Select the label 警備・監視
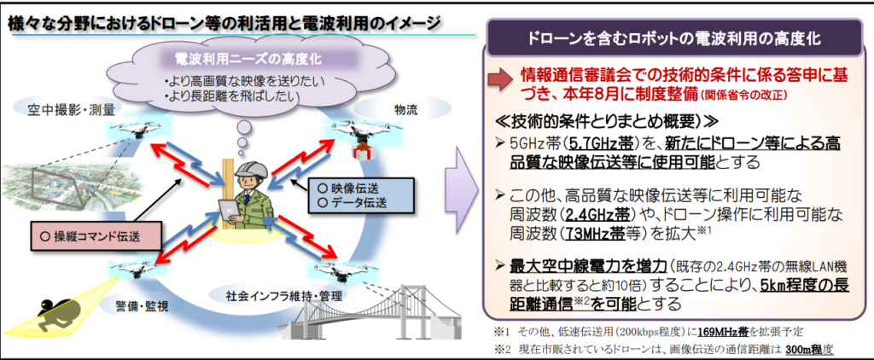[x=143, y=305]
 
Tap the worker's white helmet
[x=251, y=169]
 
